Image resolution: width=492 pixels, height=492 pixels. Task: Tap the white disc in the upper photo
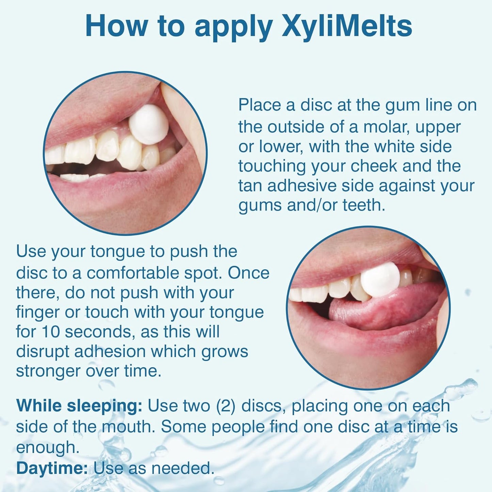(149, 124)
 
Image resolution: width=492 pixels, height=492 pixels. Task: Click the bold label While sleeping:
(79, 406)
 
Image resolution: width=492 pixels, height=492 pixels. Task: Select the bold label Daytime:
(52, 468)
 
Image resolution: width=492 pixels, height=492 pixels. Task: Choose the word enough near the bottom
(47, 448)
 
